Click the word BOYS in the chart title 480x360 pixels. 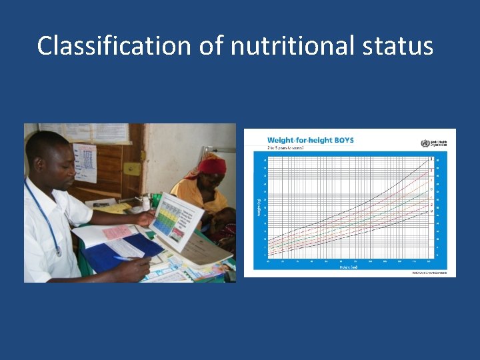click(340, 140)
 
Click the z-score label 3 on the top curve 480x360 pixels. click(431, 159)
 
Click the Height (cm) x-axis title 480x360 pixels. click(350, 267)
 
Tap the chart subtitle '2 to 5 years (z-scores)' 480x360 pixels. click(286, 148)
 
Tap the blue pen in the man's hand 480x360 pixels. click(124, 259)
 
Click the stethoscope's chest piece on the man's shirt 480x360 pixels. click(59, 251)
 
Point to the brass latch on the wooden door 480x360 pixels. click(141, 157)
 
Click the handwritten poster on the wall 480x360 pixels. click(85, 161)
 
